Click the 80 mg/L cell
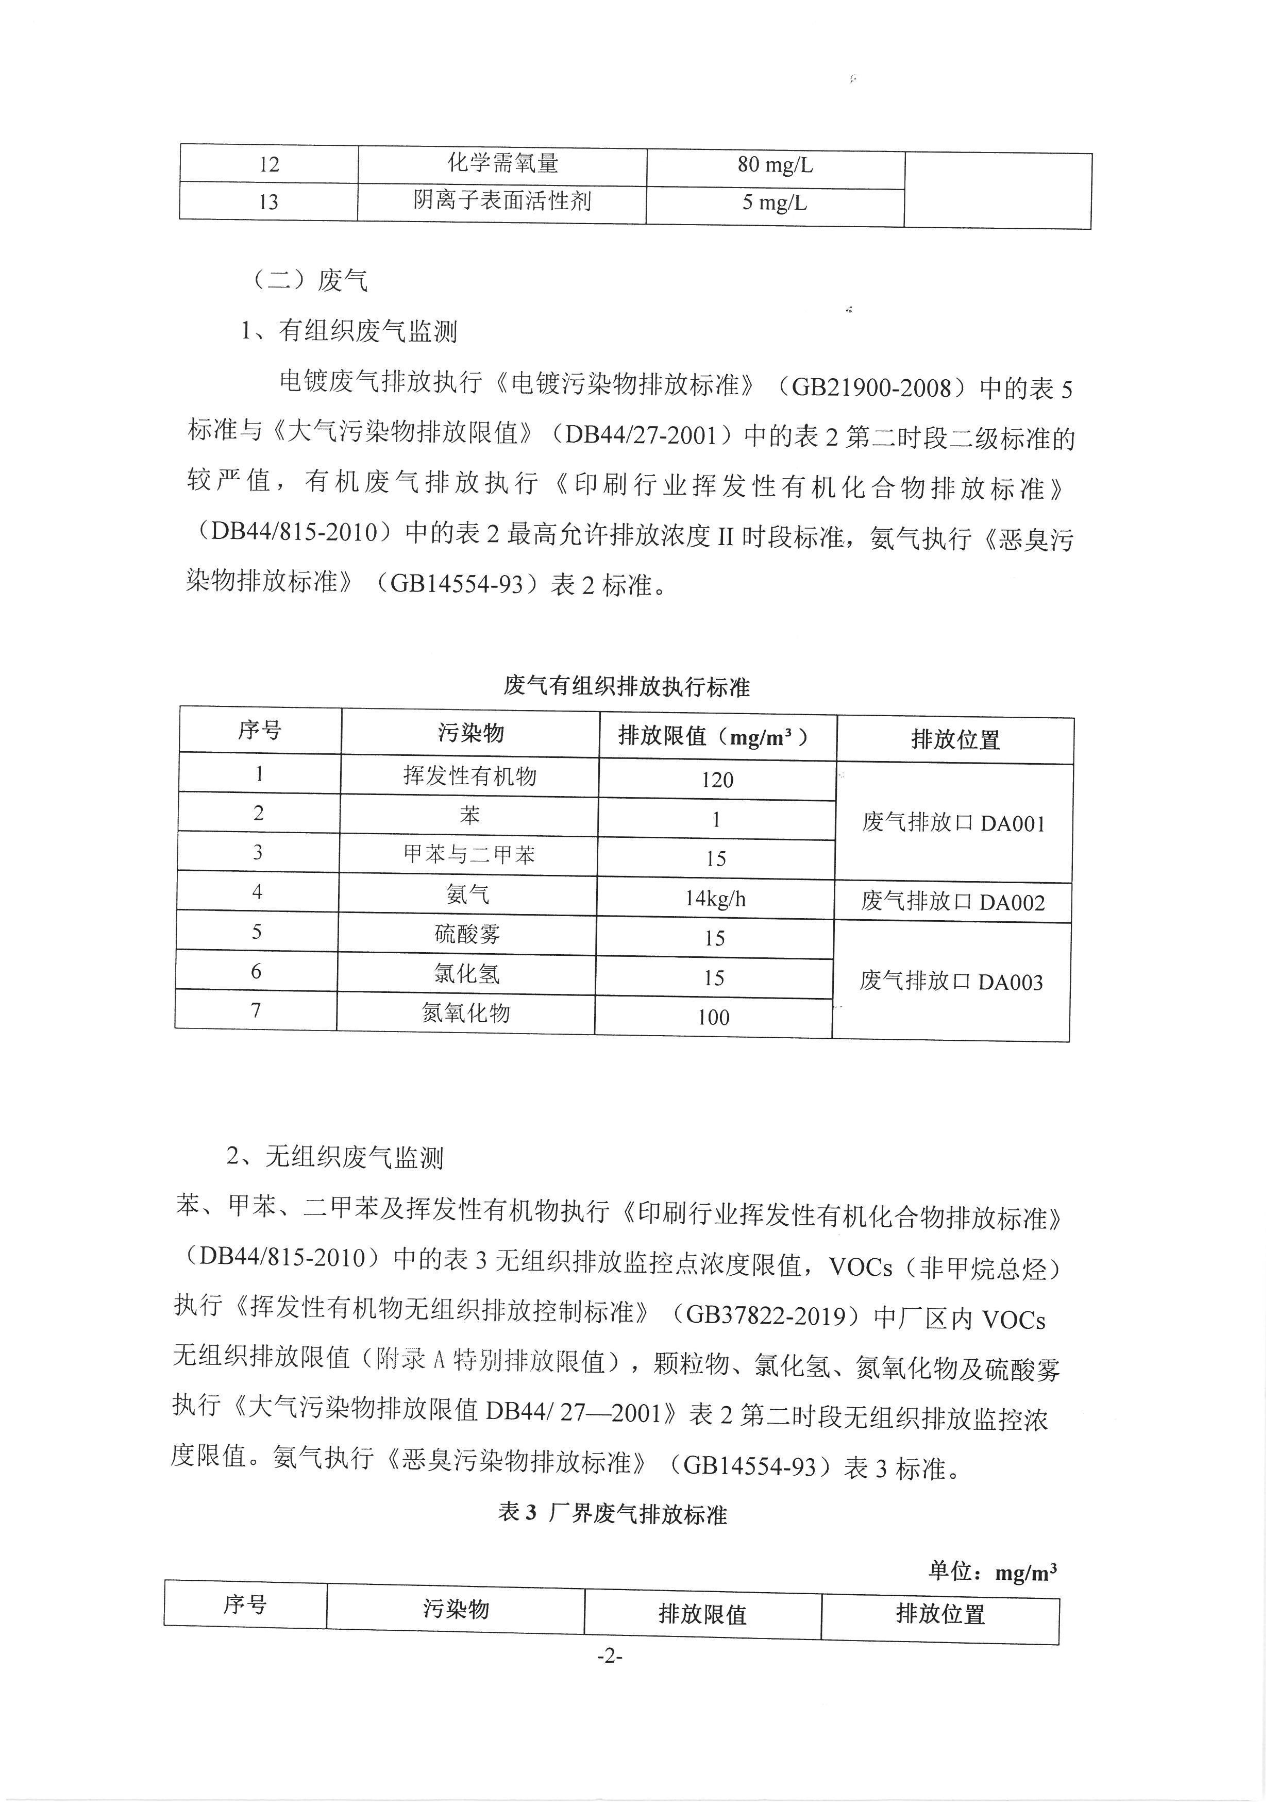click(775, 165)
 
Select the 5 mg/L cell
click(775, 203)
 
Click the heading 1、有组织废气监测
click(349, 331)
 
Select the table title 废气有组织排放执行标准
click(627, 686)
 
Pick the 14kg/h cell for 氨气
click(715, 898)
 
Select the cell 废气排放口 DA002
click(952, 902)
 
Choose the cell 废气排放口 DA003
click(951, 982)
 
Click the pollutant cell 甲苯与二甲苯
click(469, 854)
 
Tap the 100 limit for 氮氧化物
click(713, 1017)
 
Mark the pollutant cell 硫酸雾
click(467, 934)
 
